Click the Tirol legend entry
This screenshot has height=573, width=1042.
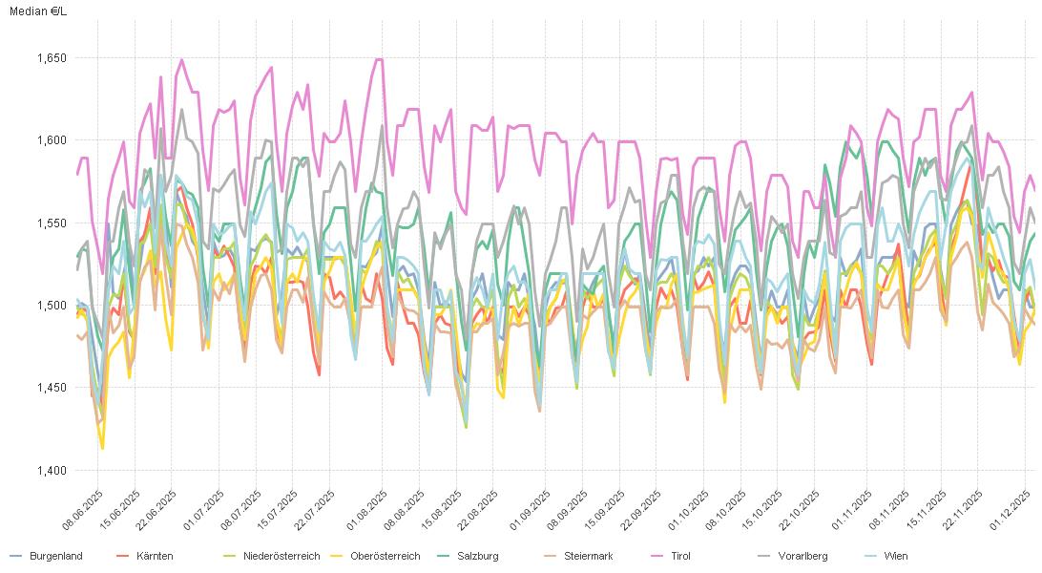(680, 556)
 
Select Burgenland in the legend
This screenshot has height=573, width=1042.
(55, 556)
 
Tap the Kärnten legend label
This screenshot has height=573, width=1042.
(155, 556)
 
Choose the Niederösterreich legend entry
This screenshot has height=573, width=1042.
(281, 556)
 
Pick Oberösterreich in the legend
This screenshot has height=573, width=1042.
(385, 556)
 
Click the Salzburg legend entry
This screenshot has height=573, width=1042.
(477, 556)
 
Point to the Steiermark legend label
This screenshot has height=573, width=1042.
(588, 556)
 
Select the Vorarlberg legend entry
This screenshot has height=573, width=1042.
(802, 556)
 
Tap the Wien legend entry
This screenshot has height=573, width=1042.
(895, 556)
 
